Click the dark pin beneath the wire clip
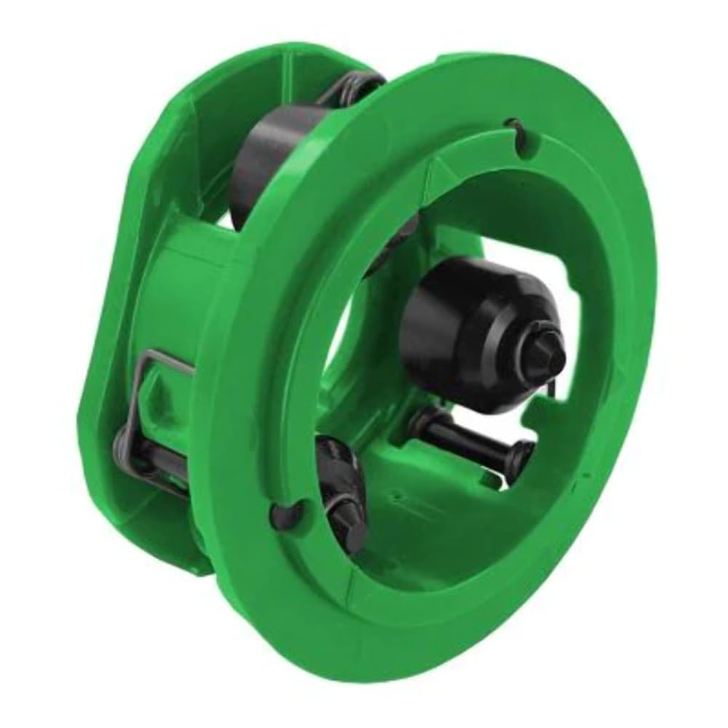tap(146, 455)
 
